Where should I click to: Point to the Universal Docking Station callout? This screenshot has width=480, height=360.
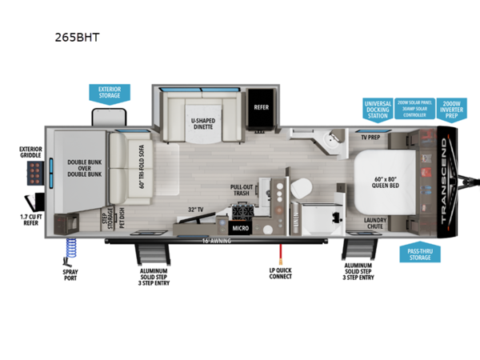[x=377, y=108]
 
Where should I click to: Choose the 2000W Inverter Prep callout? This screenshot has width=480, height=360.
[x=454, y=108]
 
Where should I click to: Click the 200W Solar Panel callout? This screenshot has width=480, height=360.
[x=414, y=108]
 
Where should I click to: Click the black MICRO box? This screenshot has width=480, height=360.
[x=240, y=228]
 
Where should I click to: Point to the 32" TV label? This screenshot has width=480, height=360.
[x=197, y=209]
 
